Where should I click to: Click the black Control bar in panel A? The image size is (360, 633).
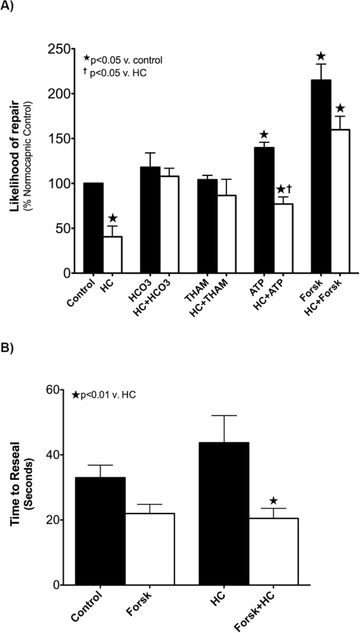[93, 228]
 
